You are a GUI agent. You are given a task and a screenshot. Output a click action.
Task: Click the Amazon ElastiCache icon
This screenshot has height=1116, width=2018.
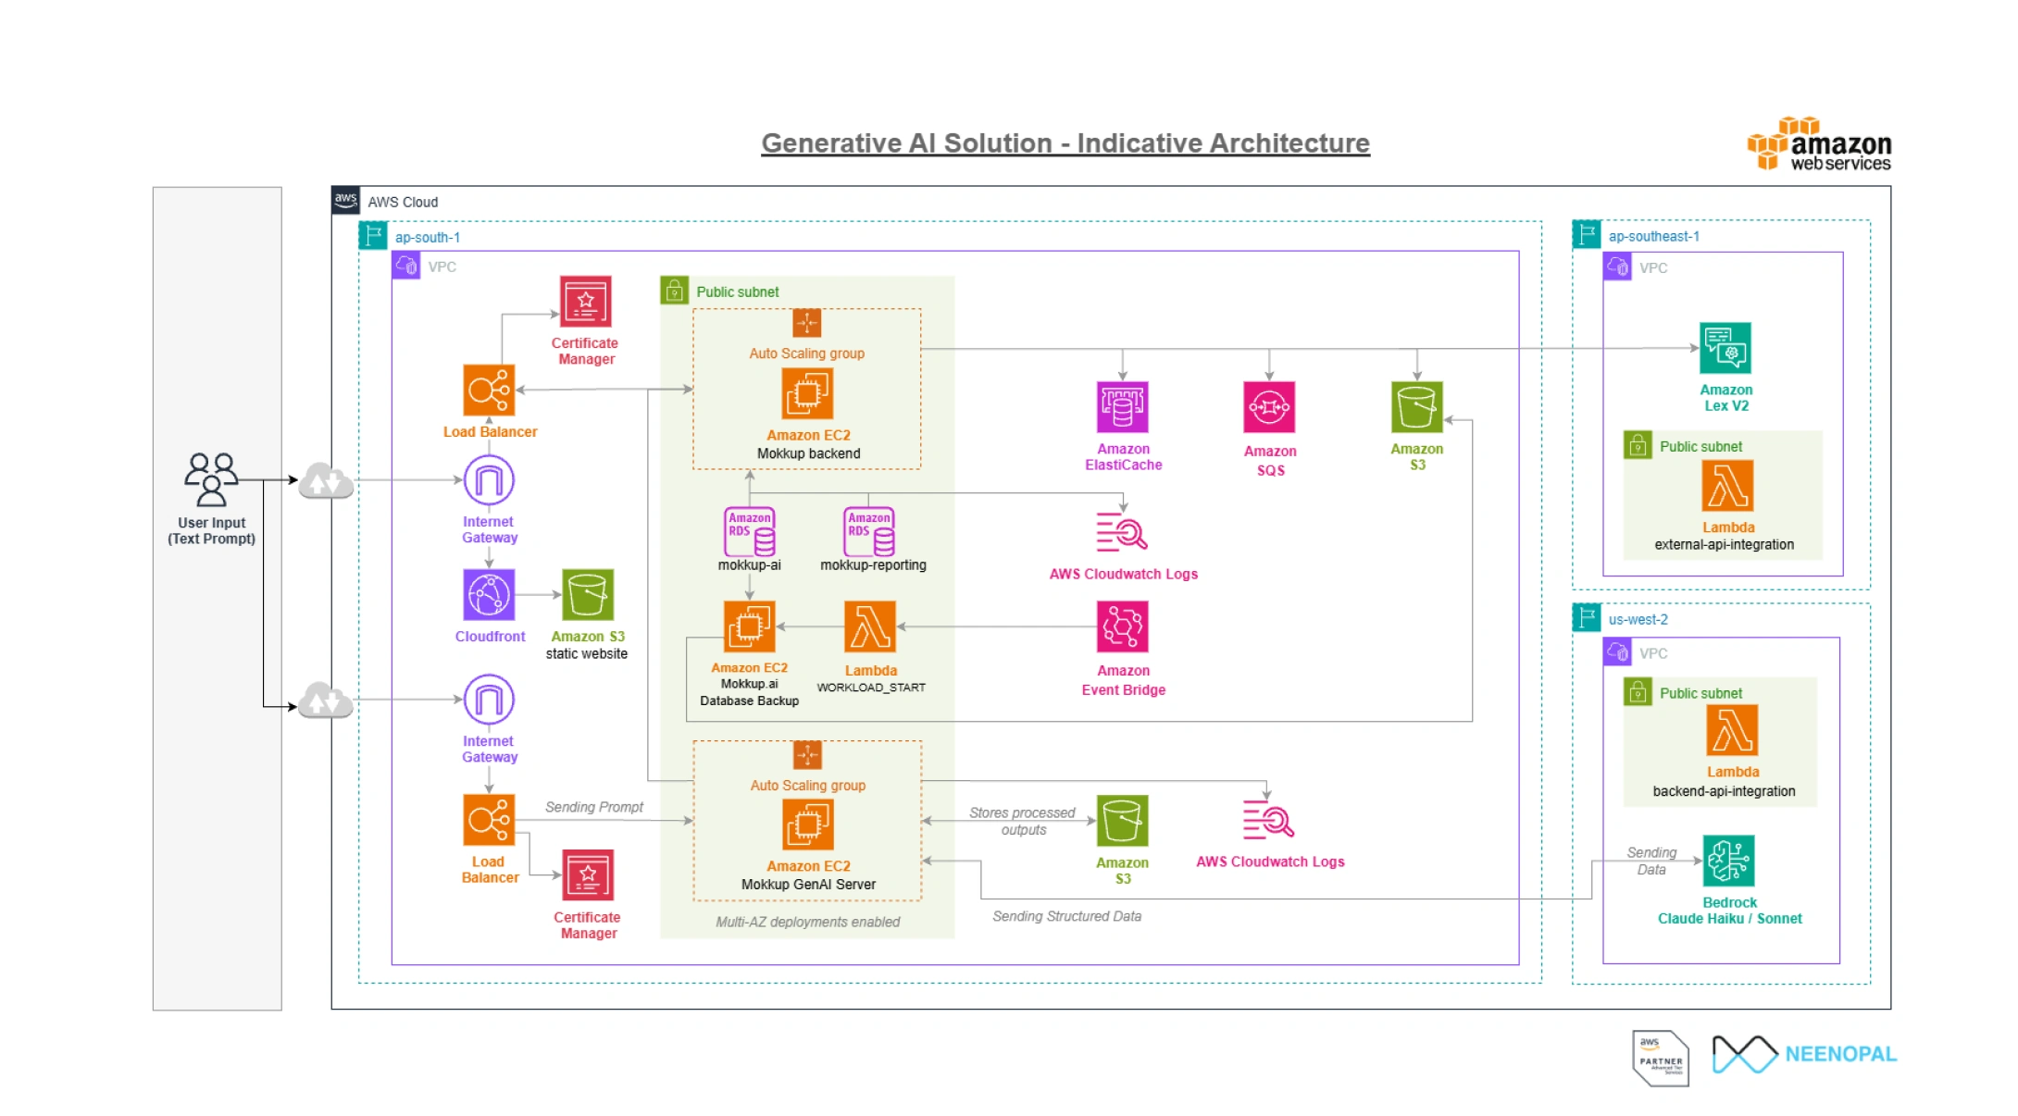[1122, 407]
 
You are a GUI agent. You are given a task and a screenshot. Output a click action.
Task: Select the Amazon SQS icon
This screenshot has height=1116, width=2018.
[1268, 407]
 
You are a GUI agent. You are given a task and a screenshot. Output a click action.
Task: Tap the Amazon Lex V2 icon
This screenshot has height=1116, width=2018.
[1725, 348]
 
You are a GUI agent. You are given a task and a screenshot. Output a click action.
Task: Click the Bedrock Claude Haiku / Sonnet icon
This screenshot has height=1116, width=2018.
[1728, 861]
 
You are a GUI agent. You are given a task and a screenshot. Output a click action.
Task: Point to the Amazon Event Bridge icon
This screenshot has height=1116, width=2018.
[1122, 626]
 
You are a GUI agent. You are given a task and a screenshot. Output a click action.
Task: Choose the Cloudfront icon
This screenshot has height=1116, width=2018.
[489, 594]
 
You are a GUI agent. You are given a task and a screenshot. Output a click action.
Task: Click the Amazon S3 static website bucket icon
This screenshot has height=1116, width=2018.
[587, 594]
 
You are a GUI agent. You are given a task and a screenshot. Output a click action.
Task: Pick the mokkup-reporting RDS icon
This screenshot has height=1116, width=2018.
[868, 531]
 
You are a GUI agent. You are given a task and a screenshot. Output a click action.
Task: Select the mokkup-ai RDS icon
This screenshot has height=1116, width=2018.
[749, 531]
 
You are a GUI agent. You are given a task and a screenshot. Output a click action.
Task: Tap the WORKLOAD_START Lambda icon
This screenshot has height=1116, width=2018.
[870, 626]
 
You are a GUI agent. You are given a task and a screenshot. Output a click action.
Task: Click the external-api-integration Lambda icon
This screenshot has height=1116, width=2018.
[1727, 486]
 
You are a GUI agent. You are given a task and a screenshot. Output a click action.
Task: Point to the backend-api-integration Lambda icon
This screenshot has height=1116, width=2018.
[1732, 731]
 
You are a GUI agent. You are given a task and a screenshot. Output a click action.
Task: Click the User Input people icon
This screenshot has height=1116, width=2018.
[211, 478]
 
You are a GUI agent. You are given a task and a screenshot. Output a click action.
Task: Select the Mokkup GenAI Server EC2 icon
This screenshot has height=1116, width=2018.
[807, 824]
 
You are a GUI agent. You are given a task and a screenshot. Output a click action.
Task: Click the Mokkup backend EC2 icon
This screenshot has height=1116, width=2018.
[807, 393]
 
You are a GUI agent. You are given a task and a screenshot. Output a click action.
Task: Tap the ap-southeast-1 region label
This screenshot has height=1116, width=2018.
[1653, 236]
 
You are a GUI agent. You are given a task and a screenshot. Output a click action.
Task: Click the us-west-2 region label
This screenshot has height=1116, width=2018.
[1638, 619]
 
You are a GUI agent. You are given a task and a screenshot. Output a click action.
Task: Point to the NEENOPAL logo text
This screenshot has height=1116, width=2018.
[1840, 1054]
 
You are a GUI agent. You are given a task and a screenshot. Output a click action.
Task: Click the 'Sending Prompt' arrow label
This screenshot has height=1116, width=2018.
[593, 807]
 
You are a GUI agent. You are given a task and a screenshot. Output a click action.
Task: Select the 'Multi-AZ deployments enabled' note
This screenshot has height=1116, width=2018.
[807, 922]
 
